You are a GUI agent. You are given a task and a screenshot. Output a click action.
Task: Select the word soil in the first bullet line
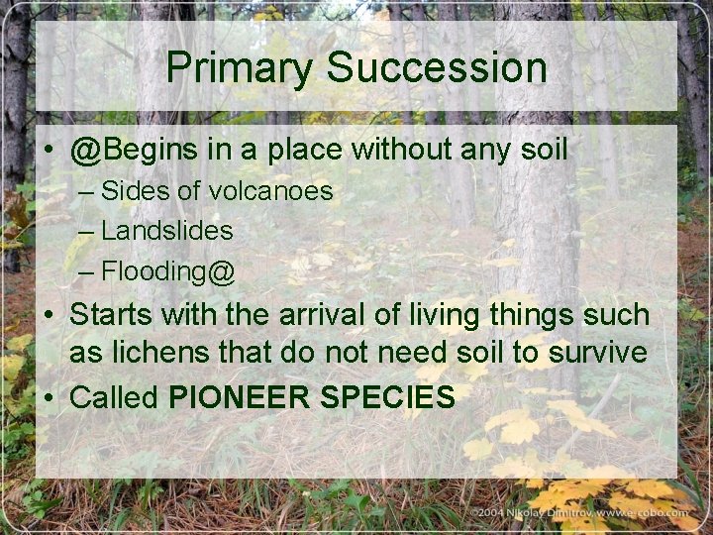542,151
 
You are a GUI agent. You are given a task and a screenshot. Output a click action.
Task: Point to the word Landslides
167,231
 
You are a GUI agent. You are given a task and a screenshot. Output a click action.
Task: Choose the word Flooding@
168,270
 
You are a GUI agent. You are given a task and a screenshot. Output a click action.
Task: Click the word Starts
111,315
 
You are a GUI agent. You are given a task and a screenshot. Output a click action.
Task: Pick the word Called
115,397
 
